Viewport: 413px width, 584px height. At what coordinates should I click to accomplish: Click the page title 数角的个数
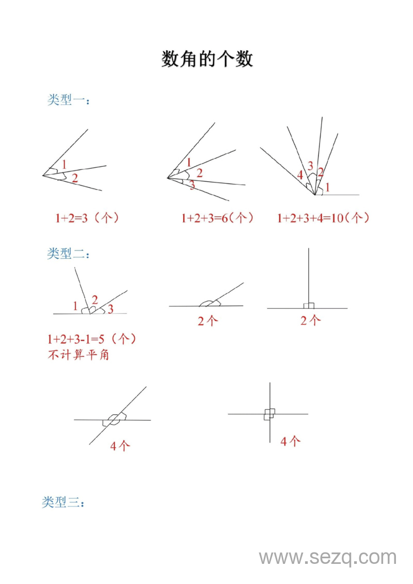coord(207,59)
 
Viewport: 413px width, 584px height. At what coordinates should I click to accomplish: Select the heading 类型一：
coord(68,100)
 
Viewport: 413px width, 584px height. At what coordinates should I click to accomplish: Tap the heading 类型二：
coord(68,254)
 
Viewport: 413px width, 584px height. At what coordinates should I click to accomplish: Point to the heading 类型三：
coord(62,502)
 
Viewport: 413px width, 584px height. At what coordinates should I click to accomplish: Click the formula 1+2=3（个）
coord(87,218)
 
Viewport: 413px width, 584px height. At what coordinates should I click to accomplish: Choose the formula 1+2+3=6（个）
coord(217,218)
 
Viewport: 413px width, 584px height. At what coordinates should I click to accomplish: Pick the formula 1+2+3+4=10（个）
coord(323,218)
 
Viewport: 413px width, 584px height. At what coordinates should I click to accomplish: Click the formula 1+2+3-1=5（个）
coord(91,339)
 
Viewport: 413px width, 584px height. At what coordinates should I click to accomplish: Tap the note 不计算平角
coord(78,355)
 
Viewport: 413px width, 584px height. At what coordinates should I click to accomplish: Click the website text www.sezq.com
coord(327,558)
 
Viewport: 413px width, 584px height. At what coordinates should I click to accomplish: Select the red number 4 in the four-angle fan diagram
coord(300,175)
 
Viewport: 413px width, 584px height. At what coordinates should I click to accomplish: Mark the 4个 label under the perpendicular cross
coord(290,441)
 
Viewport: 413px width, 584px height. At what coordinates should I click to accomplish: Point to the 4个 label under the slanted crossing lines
coord(120,446)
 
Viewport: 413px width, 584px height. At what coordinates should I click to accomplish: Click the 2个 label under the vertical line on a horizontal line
coord(310,321)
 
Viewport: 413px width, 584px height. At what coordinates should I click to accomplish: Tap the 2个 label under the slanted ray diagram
coord(208,321)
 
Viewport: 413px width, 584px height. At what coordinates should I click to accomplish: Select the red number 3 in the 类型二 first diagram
coord(110,310)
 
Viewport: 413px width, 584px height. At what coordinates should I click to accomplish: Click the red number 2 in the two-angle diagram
coord(75,179)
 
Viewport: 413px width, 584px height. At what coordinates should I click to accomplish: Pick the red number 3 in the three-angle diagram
coord(192,185)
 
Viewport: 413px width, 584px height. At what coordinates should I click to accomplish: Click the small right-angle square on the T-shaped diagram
coord(309,306)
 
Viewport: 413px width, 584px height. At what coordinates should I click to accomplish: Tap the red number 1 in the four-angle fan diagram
coord(327,186)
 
